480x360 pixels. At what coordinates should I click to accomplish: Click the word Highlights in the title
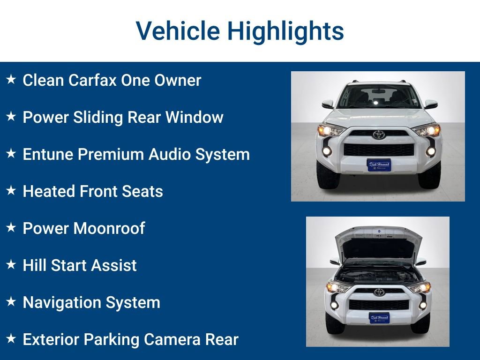coord(285,31)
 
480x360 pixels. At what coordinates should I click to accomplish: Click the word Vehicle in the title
coord(178,31)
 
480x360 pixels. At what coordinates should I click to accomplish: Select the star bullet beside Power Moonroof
coord(11,228)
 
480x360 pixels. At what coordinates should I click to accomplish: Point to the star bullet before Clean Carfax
coord(11,80)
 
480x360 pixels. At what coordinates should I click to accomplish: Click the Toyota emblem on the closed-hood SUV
coord(378,135)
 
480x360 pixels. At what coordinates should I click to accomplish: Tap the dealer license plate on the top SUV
coord(379,165)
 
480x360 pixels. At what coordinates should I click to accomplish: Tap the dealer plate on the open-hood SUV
coord(379,318)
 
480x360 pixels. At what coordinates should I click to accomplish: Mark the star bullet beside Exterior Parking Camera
coord(11,339)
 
